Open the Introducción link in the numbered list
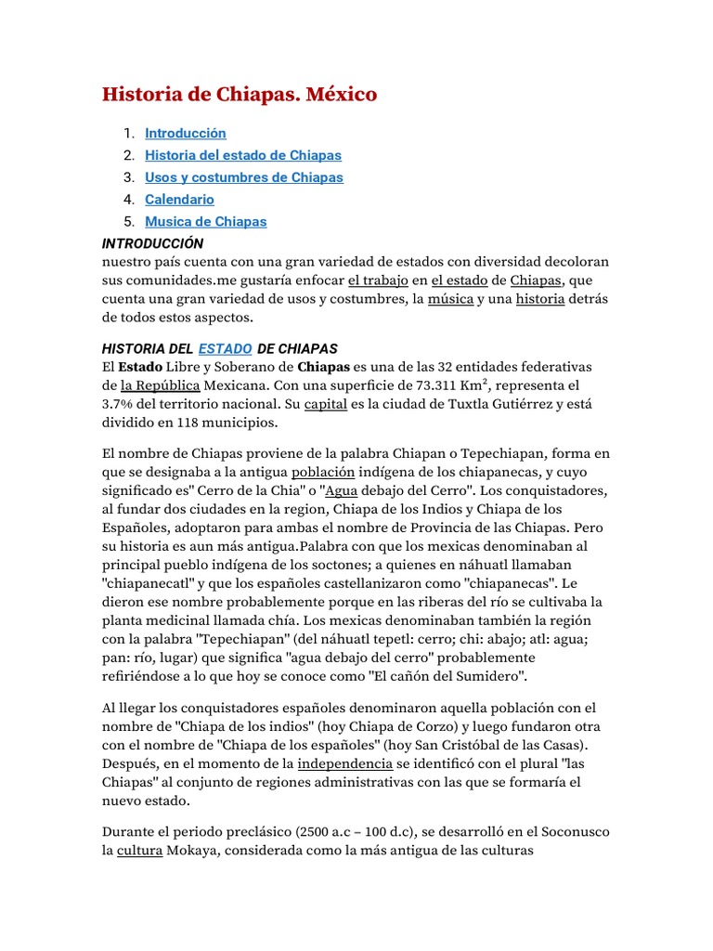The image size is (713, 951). point(185,133)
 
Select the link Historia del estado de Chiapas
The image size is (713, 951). point(243,155)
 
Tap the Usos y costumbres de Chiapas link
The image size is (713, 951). point(243,177)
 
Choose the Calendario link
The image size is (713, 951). point(179,200)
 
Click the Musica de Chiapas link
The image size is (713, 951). point(205,222)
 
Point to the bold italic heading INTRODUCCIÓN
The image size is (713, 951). point(152,243)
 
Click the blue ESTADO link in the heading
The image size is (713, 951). point(225,348)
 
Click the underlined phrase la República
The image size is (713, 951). point(160,384)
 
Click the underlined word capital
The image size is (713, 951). point(326,403)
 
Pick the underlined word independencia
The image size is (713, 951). point(344,763)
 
